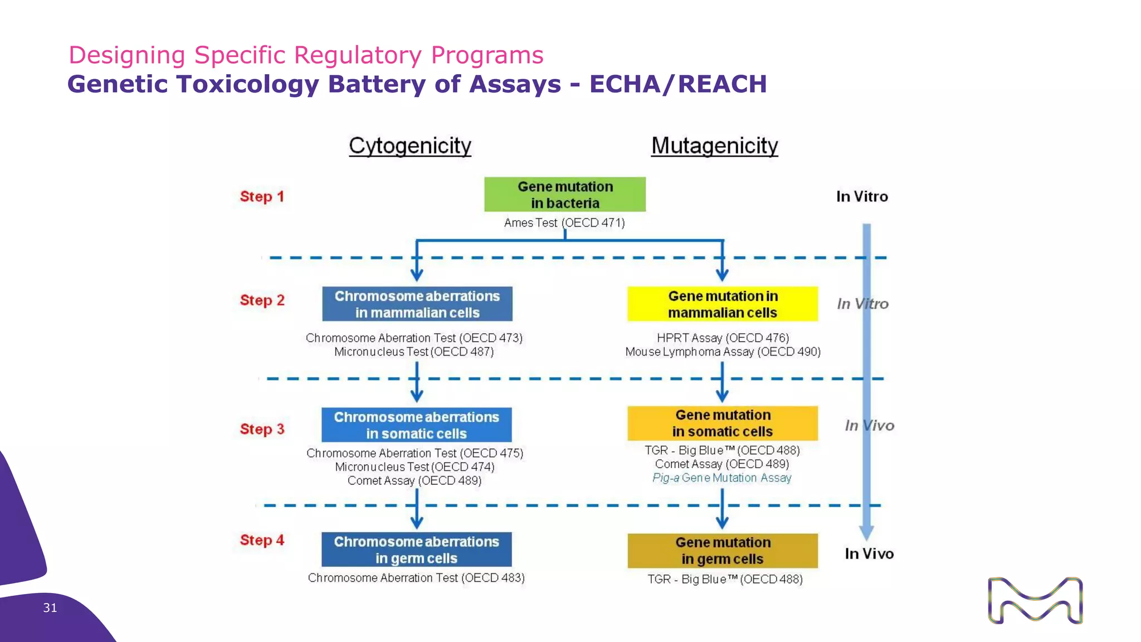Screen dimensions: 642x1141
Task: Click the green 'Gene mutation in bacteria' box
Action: tap(564, 194)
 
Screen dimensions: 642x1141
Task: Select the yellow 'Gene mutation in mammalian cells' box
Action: tap(722, 304)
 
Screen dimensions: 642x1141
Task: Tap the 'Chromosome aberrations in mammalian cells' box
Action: tap(417, 304)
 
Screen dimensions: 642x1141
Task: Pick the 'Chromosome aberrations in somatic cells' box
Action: tap(416, 425)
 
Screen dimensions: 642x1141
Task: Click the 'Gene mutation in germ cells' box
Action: tap(722, 551)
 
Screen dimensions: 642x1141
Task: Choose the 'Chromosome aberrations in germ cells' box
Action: tap(416, 549)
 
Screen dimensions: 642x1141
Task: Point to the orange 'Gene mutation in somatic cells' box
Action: tap(722, 424)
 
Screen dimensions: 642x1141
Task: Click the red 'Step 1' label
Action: tap(262, 197)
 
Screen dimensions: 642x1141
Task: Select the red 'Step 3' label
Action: tap(262, 429)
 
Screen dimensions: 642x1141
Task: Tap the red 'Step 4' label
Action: tap(262, 540)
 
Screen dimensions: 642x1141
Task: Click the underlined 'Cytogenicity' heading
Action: tap(410, 146)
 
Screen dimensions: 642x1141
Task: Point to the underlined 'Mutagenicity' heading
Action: tap(714, 146)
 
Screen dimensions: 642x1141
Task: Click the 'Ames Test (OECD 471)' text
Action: tap(564, 223)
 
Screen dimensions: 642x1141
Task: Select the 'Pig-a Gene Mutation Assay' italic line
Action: tap(722, 478)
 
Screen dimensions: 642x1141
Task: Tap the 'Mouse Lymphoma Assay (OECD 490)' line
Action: tap(723, 352)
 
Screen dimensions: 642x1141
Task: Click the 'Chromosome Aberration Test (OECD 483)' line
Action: tap(416, 578)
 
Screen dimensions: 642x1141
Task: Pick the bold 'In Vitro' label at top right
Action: tap(862, 197)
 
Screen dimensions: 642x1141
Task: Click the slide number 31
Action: tap(50, 608)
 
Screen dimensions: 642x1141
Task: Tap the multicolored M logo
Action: tap(1035, 601)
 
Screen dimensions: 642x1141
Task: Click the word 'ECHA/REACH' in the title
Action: tap(678, 84)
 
